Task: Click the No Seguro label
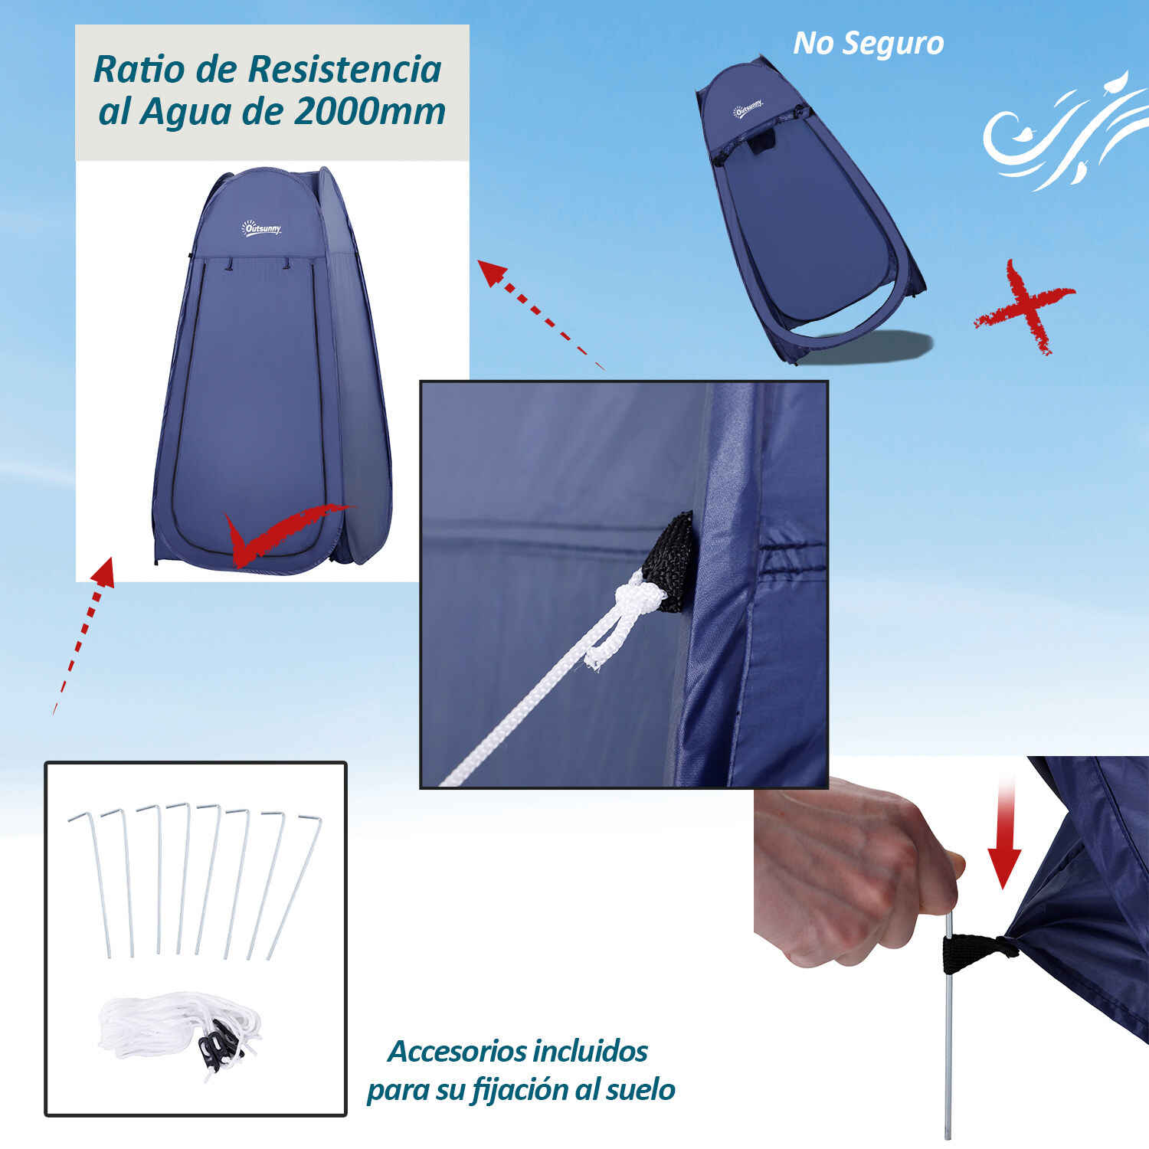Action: (868, 43)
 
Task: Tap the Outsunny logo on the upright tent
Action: (262, 228)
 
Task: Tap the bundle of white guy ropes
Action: (182, 1030)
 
